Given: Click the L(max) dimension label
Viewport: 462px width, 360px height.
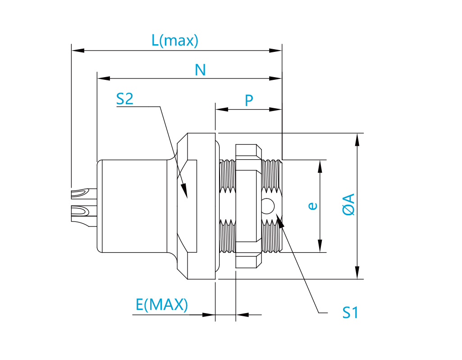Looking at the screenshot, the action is click(175, 41).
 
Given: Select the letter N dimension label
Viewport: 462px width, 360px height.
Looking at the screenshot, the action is click(200, 70).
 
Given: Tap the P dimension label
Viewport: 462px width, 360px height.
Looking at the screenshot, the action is click(249, 101).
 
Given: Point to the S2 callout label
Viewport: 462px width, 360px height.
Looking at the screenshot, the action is click(125, 99).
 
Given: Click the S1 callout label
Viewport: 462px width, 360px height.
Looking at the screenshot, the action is click(350, 313).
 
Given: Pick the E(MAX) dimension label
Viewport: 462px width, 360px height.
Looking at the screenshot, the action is click(161, 305).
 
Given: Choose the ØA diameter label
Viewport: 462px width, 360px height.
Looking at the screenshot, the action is click(349, 205).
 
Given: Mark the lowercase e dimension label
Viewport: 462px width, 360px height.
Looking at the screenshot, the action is click(313, 206).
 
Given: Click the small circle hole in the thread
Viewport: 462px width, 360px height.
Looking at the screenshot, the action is click(268, 206).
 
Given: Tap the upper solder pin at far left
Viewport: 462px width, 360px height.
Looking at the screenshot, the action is click(84, 194).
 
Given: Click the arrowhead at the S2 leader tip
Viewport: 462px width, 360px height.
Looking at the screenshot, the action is click(184, 190).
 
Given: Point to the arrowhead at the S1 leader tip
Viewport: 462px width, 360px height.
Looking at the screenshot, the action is click(279, 221).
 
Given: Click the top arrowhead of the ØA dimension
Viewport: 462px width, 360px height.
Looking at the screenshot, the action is click(357, 140).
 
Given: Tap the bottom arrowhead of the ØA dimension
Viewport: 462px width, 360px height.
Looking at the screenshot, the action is click(357, 272).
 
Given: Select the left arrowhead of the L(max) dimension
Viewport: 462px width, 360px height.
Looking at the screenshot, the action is click(78, 51).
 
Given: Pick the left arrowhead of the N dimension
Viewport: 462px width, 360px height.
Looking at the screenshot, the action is click(104, 78).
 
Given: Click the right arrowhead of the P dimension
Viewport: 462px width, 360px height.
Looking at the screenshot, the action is click(275, 109).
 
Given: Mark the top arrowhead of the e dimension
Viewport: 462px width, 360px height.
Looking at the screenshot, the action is click(320, 166).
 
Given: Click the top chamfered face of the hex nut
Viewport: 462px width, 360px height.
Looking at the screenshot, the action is click(249, 150).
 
